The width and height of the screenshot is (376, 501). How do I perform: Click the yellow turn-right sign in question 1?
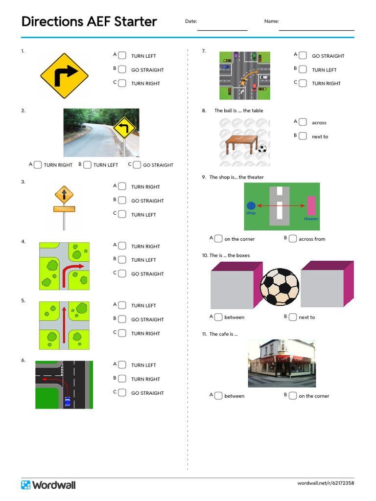tap(64, 76)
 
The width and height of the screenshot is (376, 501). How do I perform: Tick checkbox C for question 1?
tap(122, 83)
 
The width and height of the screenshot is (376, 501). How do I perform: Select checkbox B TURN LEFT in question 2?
tap(87, 165)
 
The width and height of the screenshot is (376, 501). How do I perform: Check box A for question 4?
tap(122, 246)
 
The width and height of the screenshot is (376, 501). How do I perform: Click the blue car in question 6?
tap(68, 402)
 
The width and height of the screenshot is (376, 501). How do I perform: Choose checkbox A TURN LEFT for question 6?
tap(122, 365)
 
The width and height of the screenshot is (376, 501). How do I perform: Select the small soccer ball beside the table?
tap(262, 148)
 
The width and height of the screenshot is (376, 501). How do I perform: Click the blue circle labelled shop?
tap(251, 206)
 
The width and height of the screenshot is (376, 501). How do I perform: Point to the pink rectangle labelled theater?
tap(311, 206)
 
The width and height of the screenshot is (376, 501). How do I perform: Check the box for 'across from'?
tap(292, 239)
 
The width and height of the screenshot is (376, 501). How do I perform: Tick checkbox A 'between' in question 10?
tap(218, 317)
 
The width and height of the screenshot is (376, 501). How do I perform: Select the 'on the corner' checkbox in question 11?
tap(292, 396)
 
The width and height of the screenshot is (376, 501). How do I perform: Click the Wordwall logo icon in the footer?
tap(26, 485)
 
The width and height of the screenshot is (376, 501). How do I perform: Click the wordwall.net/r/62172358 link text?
tap(326, 483)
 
